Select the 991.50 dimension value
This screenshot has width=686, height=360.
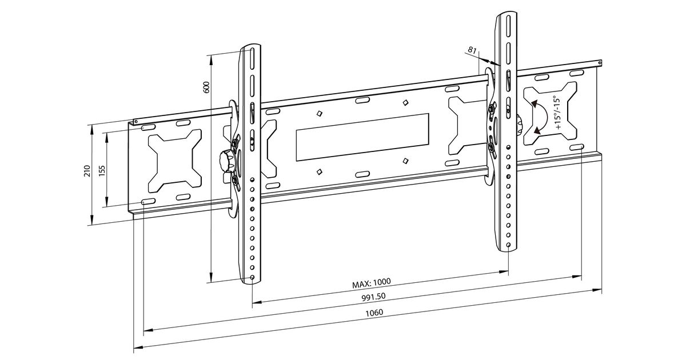373,297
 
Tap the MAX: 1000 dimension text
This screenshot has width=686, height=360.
371,283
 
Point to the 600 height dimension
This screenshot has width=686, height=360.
207,87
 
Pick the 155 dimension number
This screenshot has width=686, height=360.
102,171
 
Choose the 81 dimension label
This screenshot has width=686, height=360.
472,50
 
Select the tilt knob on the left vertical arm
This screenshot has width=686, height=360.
225,161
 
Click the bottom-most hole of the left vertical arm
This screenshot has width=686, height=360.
252,277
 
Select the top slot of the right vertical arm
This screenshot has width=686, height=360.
506,25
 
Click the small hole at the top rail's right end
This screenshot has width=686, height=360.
599,63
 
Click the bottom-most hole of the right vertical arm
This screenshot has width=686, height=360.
508,245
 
